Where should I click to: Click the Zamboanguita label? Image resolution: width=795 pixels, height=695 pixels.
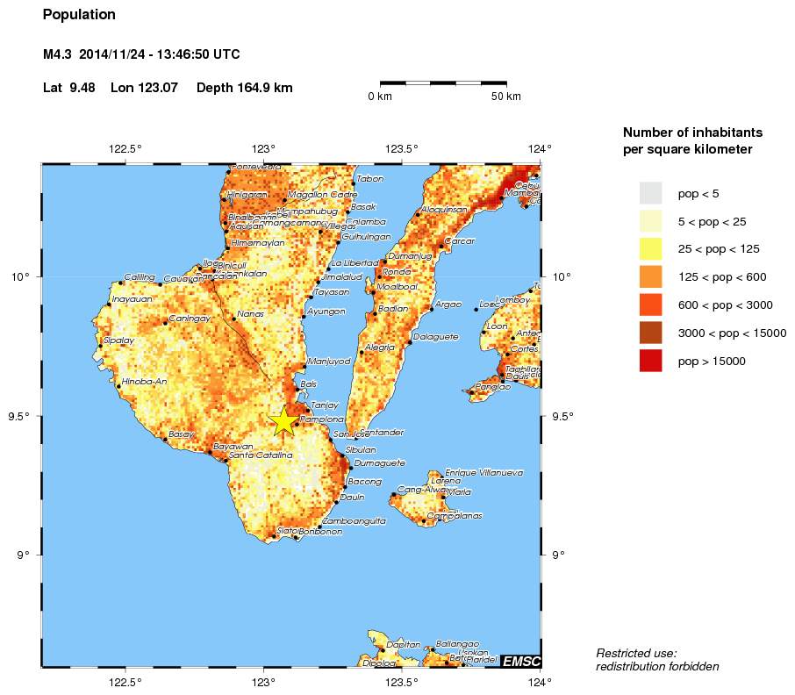[354, 520]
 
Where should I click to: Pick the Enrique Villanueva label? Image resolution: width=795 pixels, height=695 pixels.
[483, 472]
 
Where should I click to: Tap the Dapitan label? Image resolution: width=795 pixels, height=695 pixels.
[403, 644]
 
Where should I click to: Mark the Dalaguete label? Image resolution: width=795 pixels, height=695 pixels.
[435, 336]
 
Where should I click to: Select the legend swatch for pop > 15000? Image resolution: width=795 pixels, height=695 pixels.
[650, 361]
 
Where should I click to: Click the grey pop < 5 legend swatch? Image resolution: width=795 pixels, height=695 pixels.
[650, 193]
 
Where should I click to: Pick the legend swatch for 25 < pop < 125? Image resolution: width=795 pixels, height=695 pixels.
[650, 249]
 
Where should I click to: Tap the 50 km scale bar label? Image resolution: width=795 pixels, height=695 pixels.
[505, 97]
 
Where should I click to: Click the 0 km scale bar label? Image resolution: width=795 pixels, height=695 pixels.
[379, 97]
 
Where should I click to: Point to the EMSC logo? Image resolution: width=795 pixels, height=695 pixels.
[520, 661]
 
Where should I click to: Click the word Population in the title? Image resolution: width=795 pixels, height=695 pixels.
[79, 15]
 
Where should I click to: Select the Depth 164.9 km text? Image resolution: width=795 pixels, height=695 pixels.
[245, 88]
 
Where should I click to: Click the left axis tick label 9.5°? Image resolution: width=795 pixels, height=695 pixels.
[22, 416]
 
